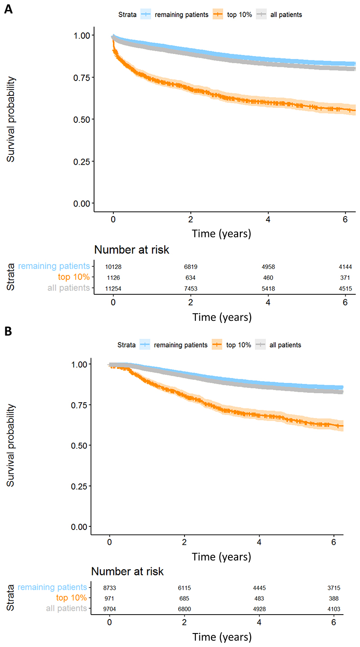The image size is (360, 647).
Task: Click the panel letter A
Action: coord(8,9)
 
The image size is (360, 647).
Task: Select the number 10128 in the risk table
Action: coord(114,267)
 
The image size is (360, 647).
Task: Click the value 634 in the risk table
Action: coord(191,277)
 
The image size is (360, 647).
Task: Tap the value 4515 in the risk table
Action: coord(345,288)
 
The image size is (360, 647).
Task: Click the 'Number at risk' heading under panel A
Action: coord(131,250)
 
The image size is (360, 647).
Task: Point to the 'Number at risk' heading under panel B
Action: coord(127,572)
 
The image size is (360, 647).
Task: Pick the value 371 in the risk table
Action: coord(345,277)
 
